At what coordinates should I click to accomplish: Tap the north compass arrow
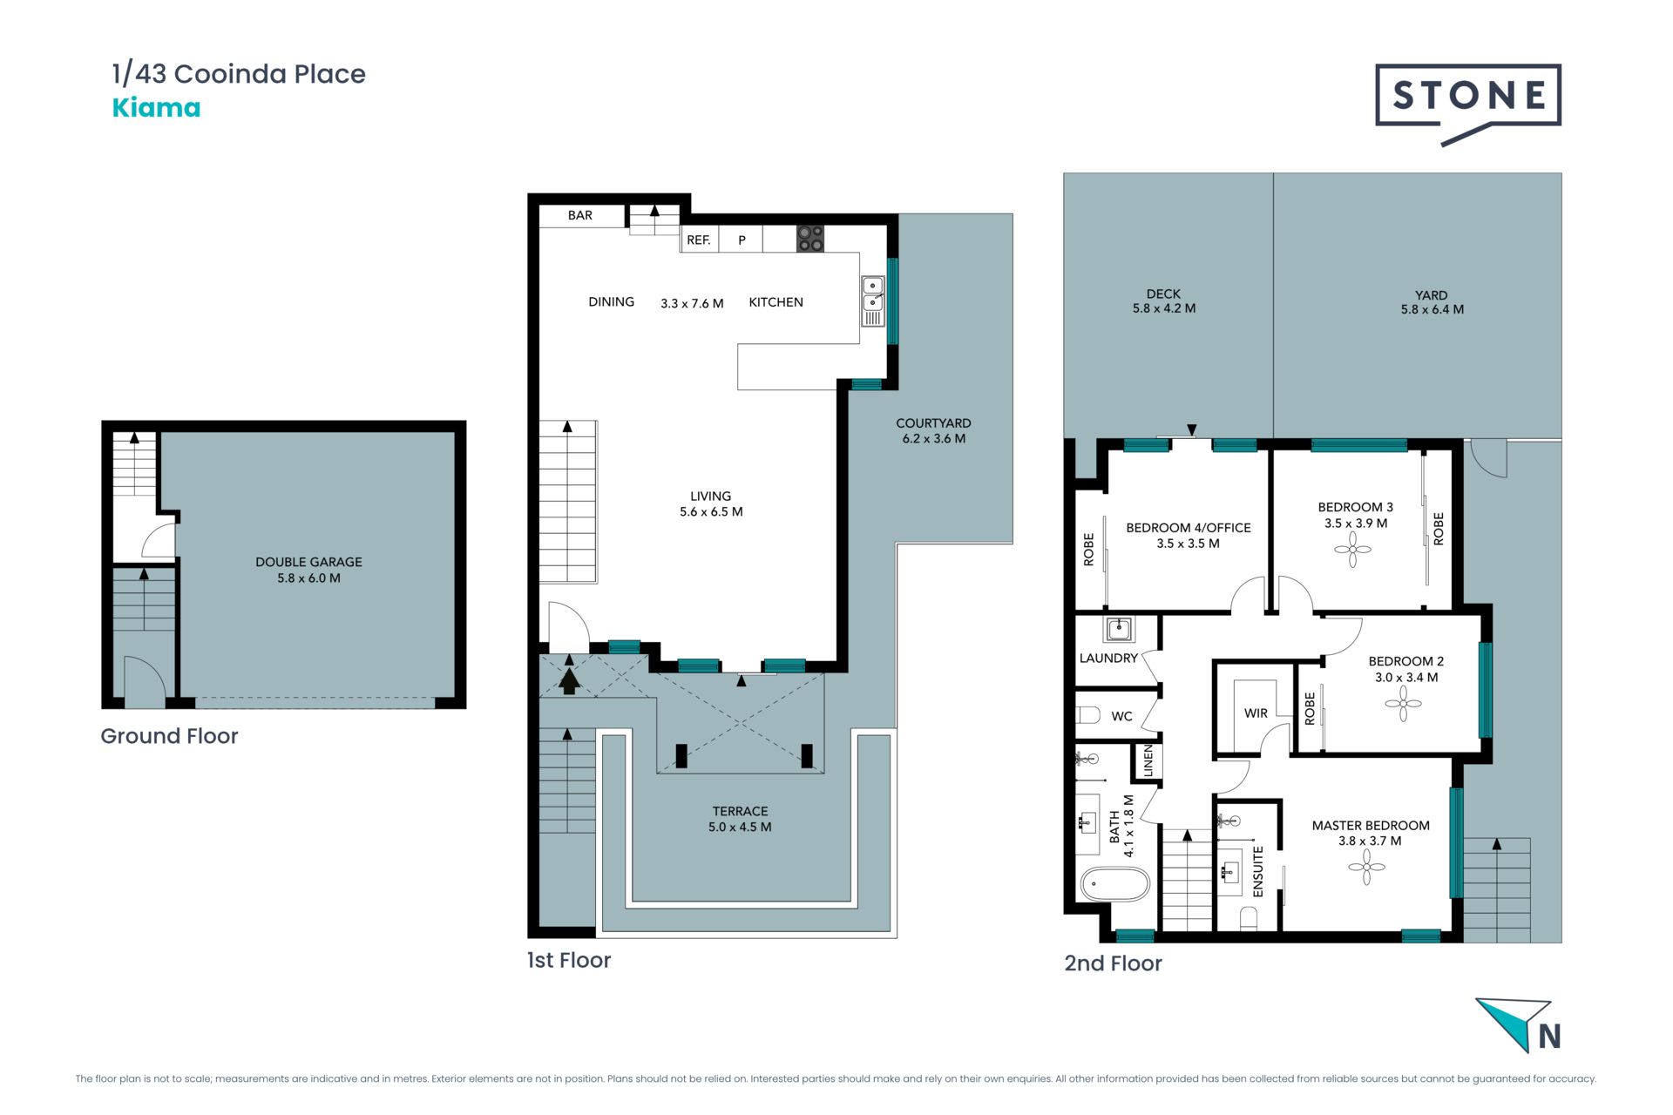tap(1515, 1024)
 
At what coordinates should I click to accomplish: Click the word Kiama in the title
tap(156, 108)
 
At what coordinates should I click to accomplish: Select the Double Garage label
tap(308, 562)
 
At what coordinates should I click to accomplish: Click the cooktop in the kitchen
tap(810, 239)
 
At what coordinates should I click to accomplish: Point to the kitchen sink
tap(873, 294)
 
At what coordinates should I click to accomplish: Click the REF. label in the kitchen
tap(699, 240)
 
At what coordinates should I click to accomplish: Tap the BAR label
tap(580, 215)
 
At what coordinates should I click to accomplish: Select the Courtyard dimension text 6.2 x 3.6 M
tap(934, 439)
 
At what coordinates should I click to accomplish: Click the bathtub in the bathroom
tap(1115, 884)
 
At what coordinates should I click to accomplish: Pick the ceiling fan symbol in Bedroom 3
tap(1352, 550)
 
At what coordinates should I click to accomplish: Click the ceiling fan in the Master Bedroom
tap(1366, 867)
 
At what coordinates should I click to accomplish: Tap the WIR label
tap(1256, 713)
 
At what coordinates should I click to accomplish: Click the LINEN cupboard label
tap(1148, 760)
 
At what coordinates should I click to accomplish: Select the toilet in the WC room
tap(1089, 715)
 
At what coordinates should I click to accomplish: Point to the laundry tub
tap(1120, 629)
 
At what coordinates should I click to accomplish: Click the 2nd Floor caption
tap(1114, 963)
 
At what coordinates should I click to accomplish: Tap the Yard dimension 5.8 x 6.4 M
tap(1433, 309)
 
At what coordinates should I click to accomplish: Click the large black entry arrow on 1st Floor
tap(569, 680)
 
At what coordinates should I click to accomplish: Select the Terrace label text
tap(741, 811)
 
